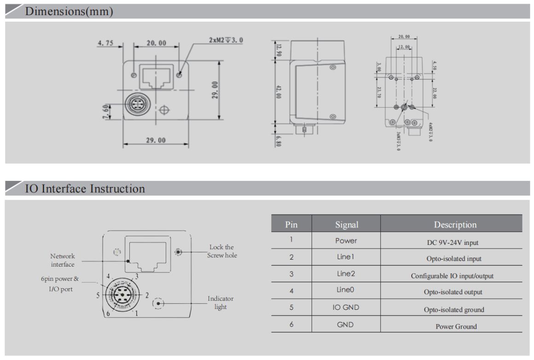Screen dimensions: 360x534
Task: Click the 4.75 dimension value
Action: tap(105, 44)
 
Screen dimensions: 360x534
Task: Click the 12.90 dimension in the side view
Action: tap(279, 49)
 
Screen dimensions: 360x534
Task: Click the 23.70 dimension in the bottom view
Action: tap(379, 93)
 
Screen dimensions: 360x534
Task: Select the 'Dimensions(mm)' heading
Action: tap(69, 12)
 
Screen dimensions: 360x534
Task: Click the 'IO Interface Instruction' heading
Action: tap(85, 189)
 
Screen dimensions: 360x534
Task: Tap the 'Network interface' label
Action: tap(63, 260)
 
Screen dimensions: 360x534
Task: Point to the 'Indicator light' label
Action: tap(221, 303)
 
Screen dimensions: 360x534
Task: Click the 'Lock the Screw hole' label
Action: tap(222, 251)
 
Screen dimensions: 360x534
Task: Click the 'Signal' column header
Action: tap(346, 225)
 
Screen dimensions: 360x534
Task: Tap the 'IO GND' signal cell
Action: tap(346, 308)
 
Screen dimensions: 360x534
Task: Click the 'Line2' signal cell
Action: tap(346, 274)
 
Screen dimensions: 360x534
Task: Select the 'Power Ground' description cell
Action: tap(456, 326)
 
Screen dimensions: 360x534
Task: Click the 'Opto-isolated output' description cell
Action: tap(453, 292)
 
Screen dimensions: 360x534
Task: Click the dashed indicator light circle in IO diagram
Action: tap(159, 303)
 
